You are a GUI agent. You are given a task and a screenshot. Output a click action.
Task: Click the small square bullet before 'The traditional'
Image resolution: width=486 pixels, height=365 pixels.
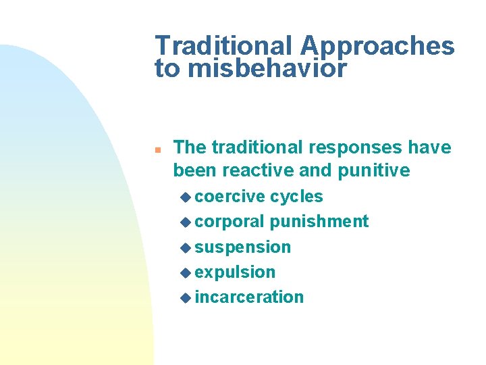click(157, 148)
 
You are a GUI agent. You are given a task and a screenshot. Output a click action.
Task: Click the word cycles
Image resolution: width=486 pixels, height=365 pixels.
click(296, 197)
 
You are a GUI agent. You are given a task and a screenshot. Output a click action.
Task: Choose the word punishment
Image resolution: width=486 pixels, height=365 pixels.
click(319, 222)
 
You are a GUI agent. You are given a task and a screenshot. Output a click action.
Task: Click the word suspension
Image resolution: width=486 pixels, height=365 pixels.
click(242, 247)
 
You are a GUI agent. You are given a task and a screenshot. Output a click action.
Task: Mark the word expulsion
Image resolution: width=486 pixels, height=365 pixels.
click(235, 272)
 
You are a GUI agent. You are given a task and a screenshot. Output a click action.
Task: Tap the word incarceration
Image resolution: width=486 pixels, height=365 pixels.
click(249, 297)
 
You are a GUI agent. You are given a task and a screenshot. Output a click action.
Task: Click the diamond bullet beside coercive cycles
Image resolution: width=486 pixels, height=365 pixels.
click(186, 197)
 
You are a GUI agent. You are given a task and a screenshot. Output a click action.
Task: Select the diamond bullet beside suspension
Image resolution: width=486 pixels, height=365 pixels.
click(186, 247)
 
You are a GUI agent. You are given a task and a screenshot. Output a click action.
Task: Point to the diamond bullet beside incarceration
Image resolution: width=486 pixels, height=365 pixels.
click(186, 297)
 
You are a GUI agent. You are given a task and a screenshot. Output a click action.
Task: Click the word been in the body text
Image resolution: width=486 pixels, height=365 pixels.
click(194, 170)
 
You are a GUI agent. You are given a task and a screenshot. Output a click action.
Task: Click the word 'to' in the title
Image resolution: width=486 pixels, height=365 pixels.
click(166, 68)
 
